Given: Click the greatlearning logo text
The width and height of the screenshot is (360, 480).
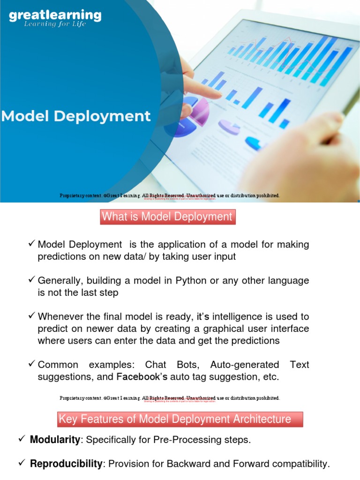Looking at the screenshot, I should [55, 15].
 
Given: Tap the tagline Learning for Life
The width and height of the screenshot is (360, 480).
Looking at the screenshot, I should [55, 24].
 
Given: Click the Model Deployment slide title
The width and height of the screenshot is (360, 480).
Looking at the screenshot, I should [75, 116].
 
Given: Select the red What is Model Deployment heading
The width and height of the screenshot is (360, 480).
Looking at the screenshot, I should [167, 217].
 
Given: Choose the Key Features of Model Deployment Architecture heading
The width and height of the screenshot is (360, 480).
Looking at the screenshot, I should [180, 419].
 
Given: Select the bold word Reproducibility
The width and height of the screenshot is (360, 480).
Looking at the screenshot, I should [66, 464].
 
